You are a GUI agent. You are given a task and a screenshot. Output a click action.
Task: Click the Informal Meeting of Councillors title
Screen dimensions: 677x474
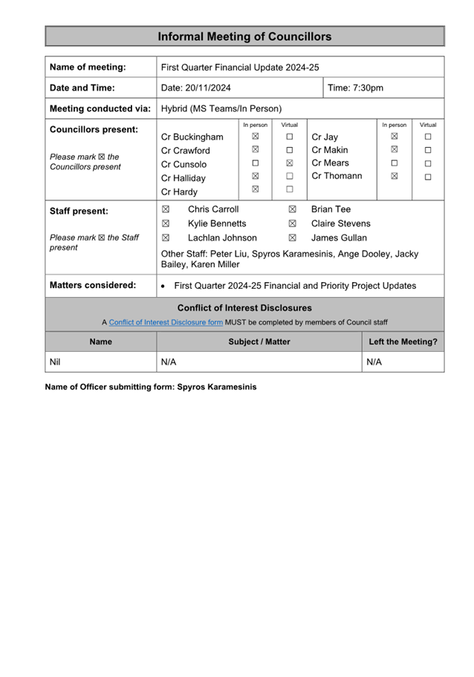point(244,36)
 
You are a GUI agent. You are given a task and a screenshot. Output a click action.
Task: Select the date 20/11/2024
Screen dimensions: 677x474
point(196,88)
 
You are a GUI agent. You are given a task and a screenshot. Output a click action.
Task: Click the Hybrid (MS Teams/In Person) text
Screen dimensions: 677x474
point(221,108)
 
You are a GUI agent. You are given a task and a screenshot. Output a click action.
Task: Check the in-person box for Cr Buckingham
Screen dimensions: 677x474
point(255,137)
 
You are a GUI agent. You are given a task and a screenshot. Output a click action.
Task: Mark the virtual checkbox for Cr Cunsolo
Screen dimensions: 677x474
point(290,163)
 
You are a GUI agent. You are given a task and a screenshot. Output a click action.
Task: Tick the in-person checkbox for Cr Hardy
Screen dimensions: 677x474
point(255,189)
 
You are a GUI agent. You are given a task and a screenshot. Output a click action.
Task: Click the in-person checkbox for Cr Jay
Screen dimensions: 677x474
point(394,137)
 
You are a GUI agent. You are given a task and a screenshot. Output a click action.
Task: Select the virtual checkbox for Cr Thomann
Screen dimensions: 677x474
point(428,177)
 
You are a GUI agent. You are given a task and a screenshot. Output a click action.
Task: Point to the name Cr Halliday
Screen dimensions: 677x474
point(184,178)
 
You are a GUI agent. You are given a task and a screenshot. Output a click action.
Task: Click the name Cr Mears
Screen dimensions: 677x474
point(330,163)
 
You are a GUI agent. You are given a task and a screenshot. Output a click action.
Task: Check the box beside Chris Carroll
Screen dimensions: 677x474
point(166,210)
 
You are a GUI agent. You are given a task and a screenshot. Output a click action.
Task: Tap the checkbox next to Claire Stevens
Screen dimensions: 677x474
point(292,223)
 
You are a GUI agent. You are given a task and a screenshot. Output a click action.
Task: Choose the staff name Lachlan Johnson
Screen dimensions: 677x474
point(222,238)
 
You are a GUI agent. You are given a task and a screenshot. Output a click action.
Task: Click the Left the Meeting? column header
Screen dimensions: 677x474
point(403,342)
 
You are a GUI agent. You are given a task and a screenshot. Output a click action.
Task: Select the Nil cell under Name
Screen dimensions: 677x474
point(55,362)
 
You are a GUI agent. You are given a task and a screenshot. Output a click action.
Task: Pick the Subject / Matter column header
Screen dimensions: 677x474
point(259,342)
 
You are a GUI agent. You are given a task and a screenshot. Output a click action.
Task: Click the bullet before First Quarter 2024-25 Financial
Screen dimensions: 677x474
point(163,286)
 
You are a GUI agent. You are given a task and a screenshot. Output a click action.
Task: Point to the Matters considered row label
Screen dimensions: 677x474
point(93,285)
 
